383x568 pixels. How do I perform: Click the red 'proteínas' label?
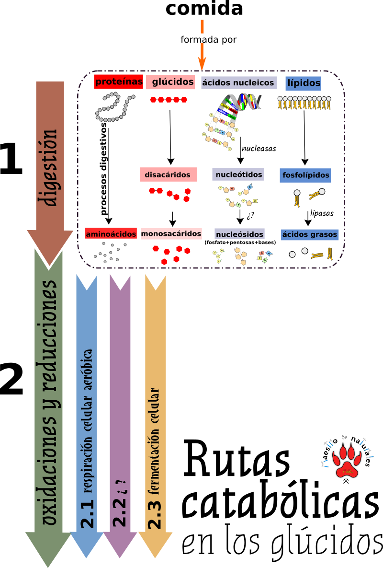point(119,81)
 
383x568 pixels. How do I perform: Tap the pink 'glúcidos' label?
point(170,82)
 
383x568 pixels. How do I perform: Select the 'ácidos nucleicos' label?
point(238,82)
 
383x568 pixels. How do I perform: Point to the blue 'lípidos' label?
point(303,82)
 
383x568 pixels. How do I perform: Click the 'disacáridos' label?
point(168,175)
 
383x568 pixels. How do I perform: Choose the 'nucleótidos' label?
point(238,174)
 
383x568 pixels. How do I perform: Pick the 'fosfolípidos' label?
point(305,175)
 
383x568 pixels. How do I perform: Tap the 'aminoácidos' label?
point(111,233)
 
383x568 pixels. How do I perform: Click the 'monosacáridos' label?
point(171,233)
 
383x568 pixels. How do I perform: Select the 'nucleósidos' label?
point(239,234)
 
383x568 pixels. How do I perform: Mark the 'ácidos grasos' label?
point(310,234)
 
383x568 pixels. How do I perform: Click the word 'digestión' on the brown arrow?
point(50,168)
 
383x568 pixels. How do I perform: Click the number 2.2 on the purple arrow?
point(120,513)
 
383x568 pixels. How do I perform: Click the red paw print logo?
point(347,461)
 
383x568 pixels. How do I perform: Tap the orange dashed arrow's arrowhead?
point(202,63)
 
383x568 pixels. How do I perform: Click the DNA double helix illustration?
point(243,102)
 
